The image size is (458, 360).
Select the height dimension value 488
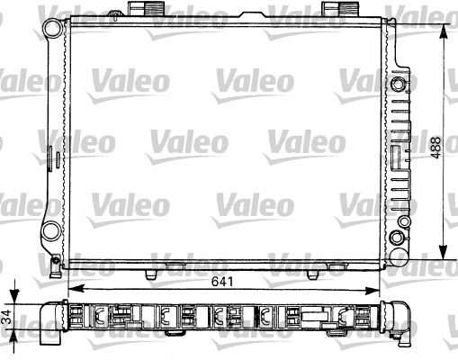point(436,146)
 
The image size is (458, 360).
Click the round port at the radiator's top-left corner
point(53,28)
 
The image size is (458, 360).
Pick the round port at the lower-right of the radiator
point(397,238)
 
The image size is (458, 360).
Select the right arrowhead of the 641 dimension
point(376,290)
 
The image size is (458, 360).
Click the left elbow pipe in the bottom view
point(50,325)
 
